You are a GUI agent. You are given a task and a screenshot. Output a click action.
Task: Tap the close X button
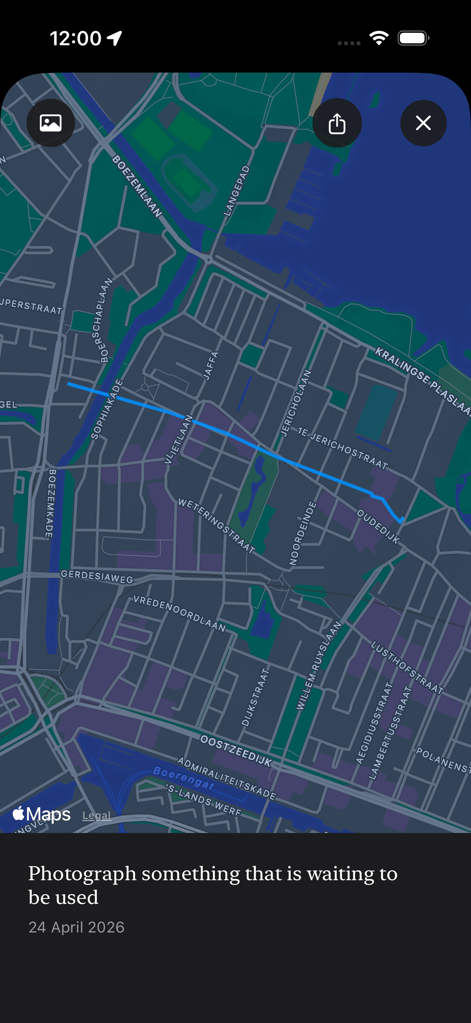pyautogui.click(x=423, y=123)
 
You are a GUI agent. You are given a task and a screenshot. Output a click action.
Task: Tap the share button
pyautogui.click(x=337, y=123)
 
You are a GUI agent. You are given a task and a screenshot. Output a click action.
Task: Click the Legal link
pyautogui.click(x=96, y=815)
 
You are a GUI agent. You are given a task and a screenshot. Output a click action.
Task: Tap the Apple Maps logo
pyautogui.click(x=42, y=814)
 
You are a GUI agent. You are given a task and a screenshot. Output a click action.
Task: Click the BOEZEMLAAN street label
pyautogui.click(x=137, y=186)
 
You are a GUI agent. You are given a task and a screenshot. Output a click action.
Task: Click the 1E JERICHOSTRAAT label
pyautogui.click(x=343, y=448)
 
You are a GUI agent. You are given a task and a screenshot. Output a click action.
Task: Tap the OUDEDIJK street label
pyautogui.click(x=378, y=526)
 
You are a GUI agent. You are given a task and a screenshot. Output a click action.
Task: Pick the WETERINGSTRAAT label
pyautogui.click(x=216, y=526)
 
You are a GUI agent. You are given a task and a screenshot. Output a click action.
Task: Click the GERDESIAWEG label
pyautogui.click(x=96, y=576)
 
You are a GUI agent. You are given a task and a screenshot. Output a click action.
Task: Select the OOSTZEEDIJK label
pyautogui.click(x=236, y=751)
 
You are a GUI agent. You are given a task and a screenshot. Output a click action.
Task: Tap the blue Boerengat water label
pyautogui.click(x=184, y=777)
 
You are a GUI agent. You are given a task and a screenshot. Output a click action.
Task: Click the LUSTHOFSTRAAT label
pyautogui.click(x=407, y=667)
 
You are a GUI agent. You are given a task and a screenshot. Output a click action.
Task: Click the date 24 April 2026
pyautogui.click(x=76, y=927)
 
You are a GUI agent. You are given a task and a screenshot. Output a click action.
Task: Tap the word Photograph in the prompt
pyautogui.click(x=82, y=873)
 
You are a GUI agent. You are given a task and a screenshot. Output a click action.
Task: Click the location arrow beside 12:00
pyautogui.click(x=114, y=39)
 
